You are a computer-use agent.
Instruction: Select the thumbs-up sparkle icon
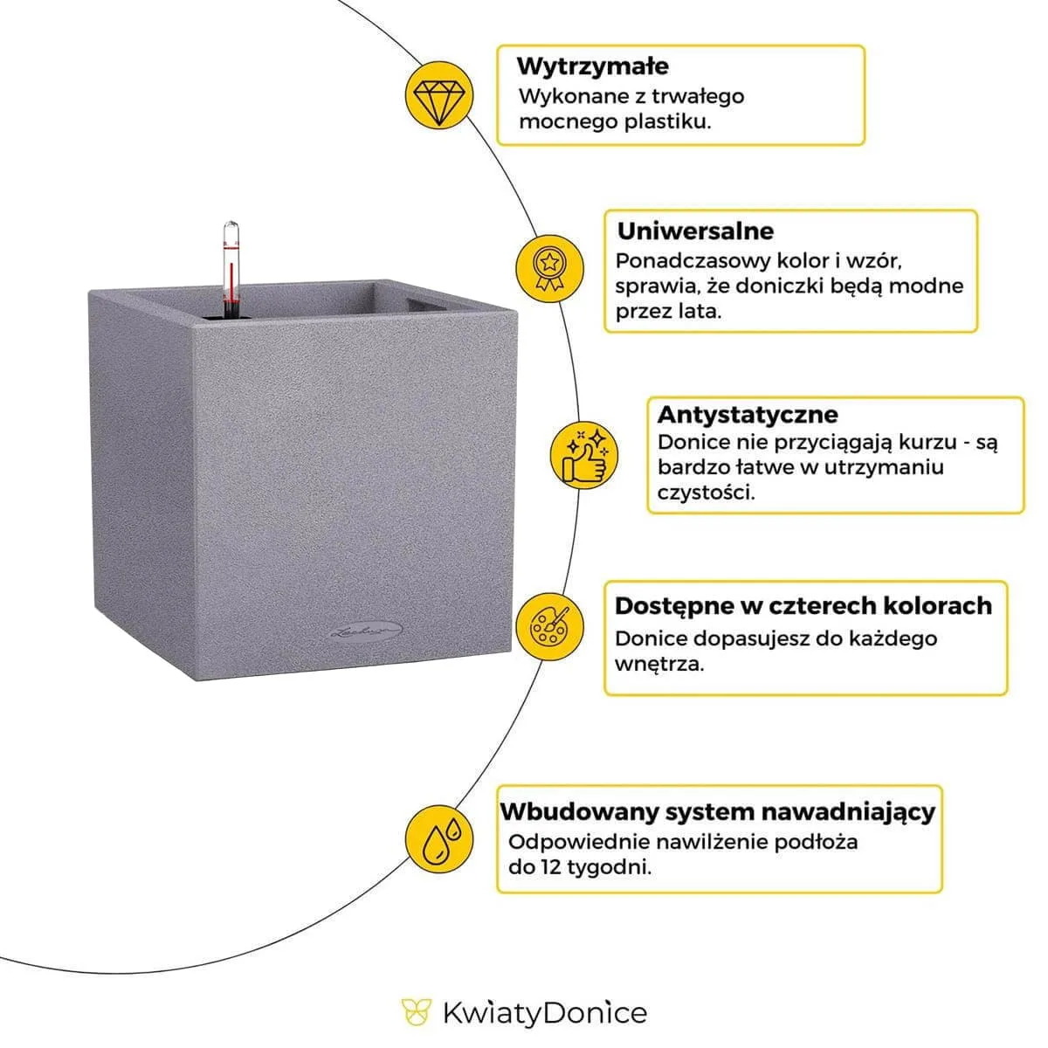click(x=583, y=455)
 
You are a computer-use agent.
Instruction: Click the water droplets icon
click(x=441, y=837)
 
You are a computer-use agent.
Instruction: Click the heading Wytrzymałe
click(x=592, y=65)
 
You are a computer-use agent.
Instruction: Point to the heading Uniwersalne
click(x=695, y=231)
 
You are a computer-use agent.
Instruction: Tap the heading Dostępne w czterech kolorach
click(x=803, y=605)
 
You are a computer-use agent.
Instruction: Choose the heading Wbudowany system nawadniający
click(x=717, y=811)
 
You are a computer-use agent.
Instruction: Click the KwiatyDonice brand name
click(x=544, y=1013)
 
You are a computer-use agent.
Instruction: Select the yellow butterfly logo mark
click(x=417, y=1012)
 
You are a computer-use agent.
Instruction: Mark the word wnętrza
click(x=658, y=664)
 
